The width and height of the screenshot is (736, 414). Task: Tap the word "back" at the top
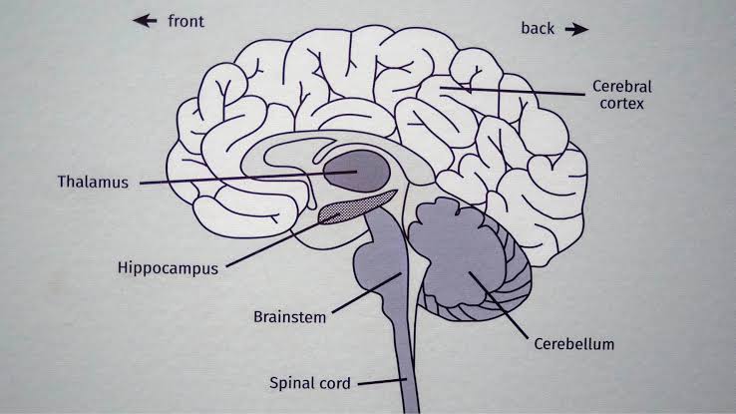click(537, 28)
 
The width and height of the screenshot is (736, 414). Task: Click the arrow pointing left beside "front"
click(147, 20)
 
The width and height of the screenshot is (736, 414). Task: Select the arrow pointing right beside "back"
click(576, 29)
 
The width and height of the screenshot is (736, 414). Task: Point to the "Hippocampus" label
click(168, 267)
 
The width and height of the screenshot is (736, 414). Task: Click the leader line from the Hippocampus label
click(274, 239)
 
